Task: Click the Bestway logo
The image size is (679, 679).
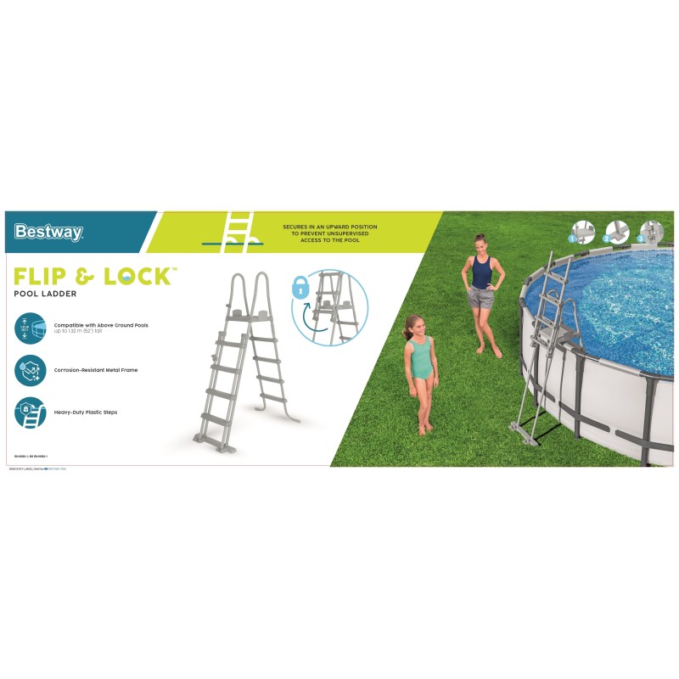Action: point(48,232)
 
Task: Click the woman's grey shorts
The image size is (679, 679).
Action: point(480,298)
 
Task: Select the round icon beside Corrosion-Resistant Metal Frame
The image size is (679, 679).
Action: point(30,370)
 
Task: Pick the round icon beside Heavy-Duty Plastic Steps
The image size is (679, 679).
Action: point(30,412)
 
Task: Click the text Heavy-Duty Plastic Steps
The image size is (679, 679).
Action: point(86,412)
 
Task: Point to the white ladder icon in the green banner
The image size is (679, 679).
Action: point(238,232)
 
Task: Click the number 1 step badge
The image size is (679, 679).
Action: point(573,239)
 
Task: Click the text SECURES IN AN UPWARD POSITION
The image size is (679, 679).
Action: point(330,227)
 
